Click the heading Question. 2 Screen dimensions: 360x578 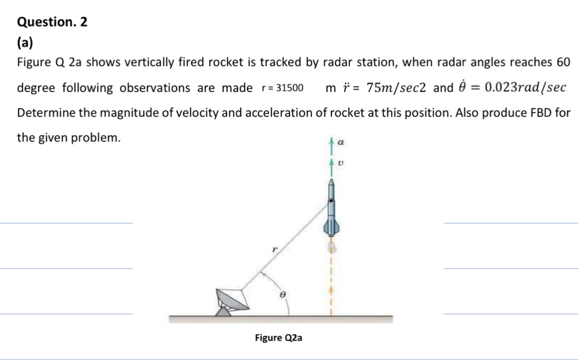coord(52,22)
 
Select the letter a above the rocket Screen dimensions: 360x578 coord(342,141)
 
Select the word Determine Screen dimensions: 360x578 coord(40,113)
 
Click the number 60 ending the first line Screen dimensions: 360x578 coord(563,62)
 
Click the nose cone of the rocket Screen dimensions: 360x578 coord(332,182)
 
